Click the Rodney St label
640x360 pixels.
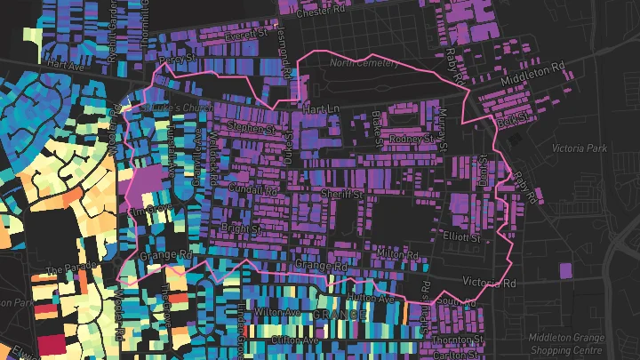412,139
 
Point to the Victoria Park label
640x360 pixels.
579,148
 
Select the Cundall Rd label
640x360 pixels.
252,189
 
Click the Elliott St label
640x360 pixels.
460,238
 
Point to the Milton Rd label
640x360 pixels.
396,254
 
